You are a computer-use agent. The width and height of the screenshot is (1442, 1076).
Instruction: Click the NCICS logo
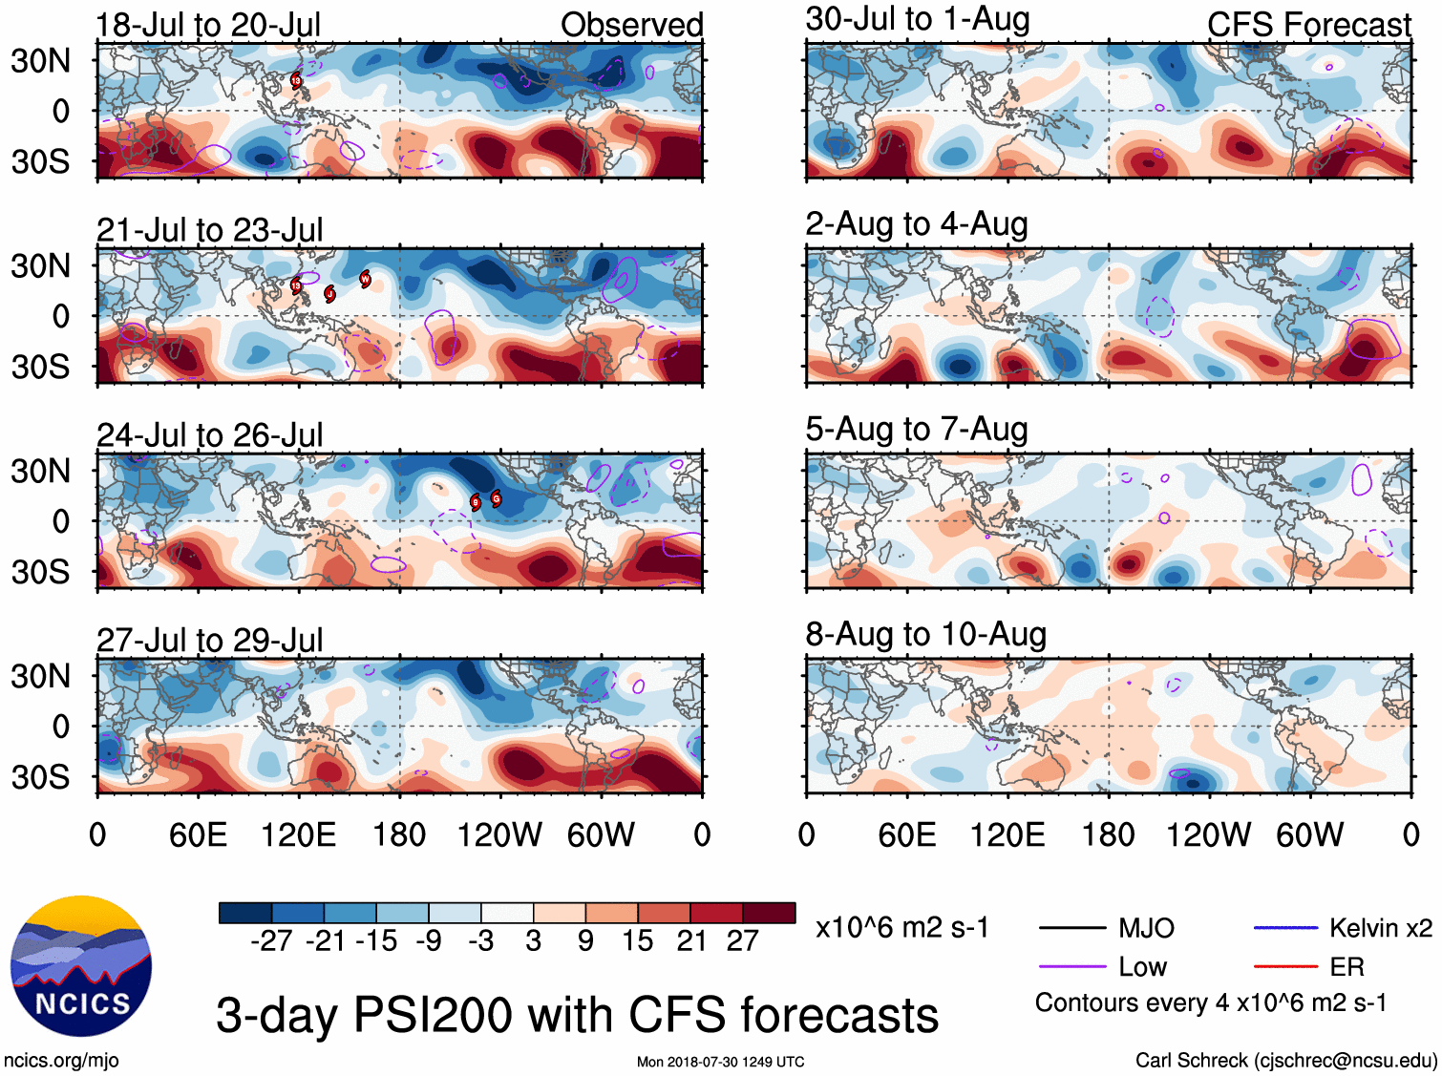[x=81, y=966]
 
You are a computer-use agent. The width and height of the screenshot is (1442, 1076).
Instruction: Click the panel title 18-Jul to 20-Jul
[x=208, y=25]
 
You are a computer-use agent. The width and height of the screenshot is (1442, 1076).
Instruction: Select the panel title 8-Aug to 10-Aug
[x=925, y=635]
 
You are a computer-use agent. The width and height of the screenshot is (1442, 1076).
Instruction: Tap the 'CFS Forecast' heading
[x=1308, y=25]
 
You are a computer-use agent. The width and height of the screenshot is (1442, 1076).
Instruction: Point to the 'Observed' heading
[x=631, y=25]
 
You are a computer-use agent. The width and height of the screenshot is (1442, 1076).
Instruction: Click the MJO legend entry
[x=1146, y=928]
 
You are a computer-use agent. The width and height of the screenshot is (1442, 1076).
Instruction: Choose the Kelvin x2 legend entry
[x=1380, y=928]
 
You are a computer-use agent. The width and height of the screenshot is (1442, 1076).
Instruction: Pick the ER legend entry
[x=1347, y=967]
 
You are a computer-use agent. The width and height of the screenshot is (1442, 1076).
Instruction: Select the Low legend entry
[x=1142, y=967]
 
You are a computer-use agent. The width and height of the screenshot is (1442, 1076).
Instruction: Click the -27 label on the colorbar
[x=271, y=941]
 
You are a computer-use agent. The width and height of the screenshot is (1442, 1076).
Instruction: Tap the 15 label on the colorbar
[x=637, y=941]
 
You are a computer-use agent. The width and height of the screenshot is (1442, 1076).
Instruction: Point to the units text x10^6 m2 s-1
[x=901, y=928]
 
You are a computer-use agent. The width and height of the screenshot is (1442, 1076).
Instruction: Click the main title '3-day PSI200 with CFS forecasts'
[x=577, y=1015]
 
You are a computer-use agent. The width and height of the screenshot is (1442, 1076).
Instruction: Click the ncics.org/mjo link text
[x=61, y=1060]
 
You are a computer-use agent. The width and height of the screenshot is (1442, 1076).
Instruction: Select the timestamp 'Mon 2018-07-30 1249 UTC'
[x=720, y=1062]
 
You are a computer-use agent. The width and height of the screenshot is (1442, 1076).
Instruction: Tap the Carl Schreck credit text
[x=1285, y=1060]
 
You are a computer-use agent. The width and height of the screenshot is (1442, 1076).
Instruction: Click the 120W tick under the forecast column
[x=1208, y=835]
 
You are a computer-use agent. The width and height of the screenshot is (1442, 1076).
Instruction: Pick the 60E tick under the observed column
[x=198, y=835]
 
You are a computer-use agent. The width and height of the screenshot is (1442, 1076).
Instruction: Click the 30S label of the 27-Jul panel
[x=40, y=777]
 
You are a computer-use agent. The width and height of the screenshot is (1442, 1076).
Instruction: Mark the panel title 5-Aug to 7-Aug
[x=916, y=430]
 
